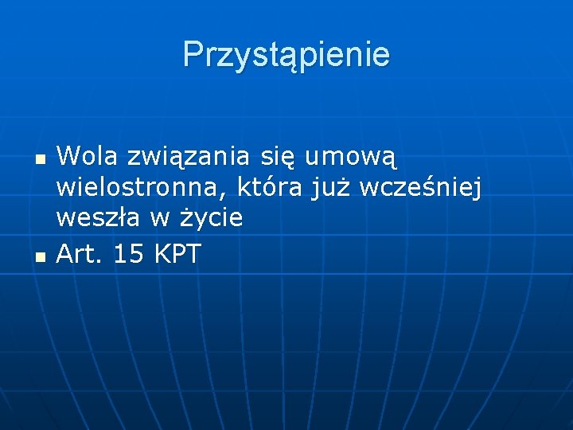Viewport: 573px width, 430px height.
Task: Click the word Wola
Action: click(85, 156)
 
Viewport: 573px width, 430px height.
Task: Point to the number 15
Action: click(130, 254)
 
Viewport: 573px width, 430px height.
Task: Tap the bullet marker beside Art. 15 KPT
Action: click(38, 256)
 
